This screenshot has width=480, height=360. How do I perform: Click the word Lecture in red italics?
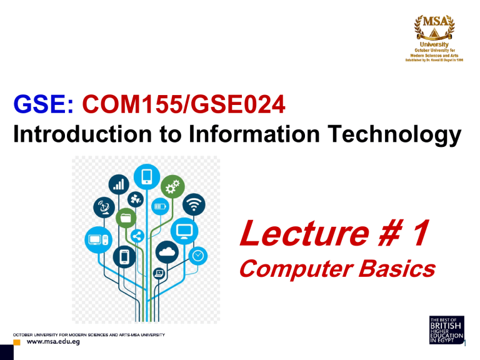click(x=299, y=235)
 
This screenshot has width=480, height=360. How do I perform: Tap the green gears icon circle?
click(x=171, y=186)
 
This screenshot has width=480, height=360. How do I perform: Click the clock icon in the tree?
click(x=197, y=255)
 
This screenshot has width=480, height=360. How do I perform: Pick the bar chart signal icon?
click(x=118, y=183)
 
